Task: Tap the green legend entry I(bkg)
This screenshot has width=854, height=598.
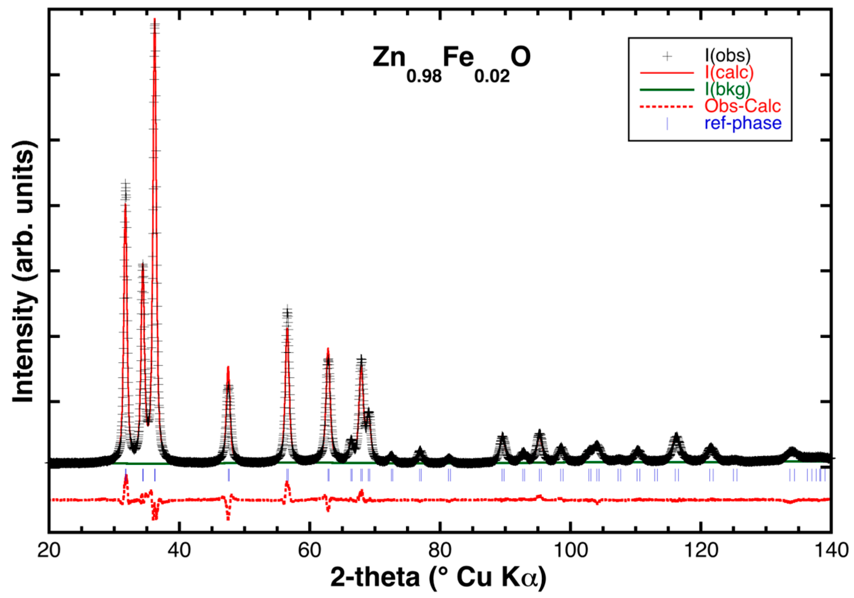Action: [x=727, y=89]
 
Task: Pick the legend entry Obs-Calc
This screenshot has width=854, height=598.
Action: [x=742, y=106]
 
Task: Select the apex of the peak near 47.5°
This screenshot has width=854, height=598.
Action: [x=228, y=367]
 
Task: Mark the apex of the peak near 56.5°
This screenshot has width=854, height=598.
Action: [x=287, y=328]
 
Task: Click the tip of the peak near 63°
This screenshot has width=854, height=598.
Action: [x=328, y=349]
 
